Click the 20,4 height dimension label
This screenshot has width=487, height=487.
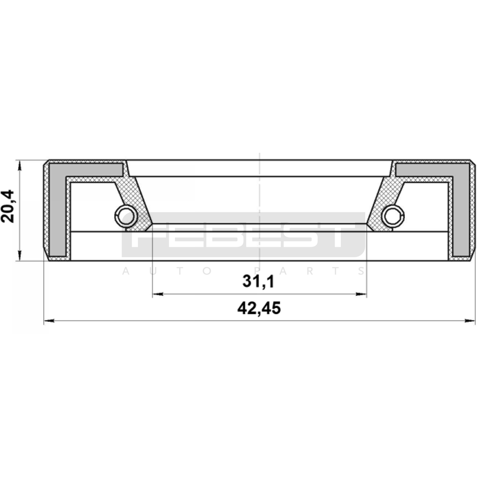pyautogui.click(x=7, y=206)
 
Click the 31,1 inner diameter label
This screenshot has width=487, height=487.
pyautogui.click(x=258, y=282)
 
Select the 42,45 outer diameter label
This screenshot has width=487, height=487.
pyautogui.click(x=259, y=308)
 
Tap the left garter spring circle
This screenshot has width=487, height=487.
pyautogui.click(x=126, y=216)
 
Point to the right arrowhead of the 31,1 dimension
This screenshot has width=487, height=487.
pyautogui.click(x=361, y=294)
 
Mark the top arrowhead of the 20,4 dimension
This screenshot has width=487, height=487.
pyautogui.click(x=20, y=166)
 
